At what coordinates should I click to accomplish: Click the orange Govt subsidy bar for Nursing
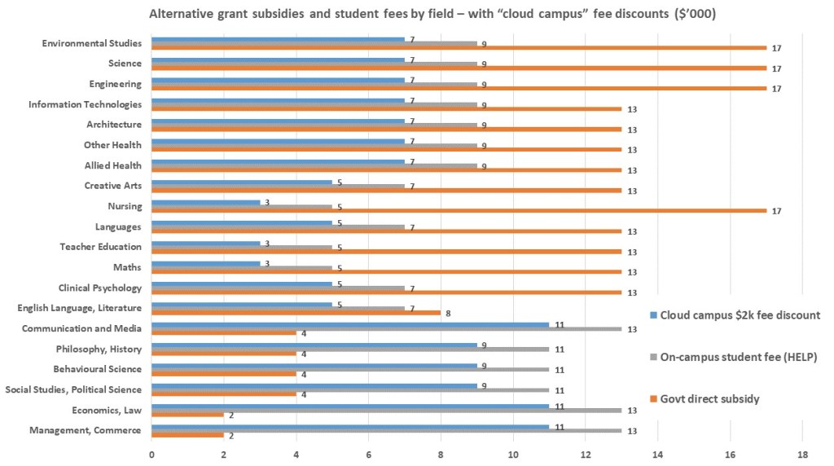[459, 210]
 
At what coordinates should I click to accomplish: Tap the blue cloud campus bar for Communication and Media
[350, 324]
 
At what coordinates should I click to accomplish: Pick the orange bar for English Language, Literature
[296, 312]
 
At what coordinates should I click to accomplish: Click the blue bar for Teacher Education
[205, 243]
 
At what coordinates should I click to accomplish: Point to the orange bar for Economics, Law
[187, 414]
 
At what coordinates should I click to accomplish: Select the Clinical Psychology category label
[100, 288]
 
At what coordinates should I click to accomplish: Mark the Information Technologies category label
[85, 104]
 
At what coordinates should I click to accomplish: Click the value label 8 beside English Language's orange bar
[448, 313]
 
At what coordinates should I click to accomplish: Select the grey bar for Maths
[242, 267]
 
